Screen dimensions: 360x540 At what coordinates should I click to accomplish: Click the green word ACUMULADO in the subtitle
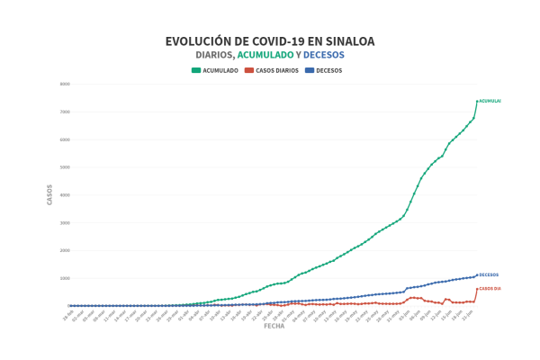265,56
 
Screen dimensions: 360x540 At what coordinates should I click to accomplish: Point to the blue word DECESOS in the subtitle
324,56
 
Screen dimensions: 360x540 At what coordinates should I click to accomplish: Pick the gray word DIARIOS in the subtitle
214,56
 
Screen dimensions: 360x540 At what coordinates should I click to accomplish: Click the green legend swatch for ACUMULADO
195,70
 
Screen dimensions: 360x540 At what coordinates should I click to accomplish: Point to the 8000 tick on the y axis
65,84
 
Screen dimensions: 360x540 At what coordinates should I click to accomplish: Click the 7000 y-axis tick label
65,112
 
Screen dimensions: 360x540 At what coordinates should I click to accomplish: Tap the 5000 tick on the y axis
65,167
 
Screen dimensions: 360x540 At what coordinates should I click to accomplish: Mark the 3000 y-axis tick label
65,222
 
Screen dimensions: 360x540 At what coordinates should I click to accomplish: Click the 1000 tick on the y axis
65,278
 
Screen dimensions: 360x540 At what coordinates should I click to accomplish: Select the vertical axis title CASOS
49,194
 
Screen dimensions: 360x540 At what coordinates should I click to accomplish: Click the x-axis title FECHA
274,327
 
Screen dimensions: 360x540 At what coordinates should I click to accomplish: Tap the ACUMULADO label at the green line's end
490,101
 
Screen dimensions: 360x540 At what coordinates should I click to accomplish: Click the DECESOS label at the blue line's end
489,274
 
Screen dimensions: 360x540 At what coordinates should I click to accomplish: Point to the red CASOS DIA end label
490,289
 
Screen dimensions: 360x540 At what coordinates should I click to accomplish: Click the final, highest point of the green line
476,101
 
